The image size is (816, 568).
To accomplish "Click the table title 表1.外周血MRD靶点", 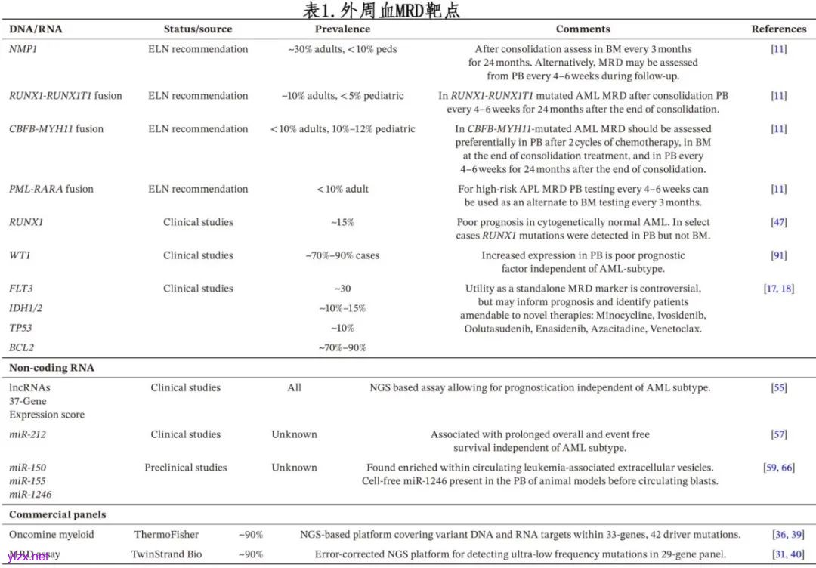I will (381, 10).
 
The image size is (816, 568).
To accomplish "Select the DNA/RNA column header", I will (36, 29).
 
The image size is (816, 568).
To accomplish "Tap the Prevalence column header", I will (342, 29).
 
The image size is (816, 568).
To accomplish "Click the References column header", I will (778, 29).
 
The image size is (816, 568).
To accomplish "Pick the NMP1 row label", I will (23, 49).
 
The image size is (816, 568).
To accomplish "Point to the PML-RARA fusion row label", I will (51, 189).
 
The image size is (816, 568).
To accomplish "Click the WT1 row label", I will (20, 255).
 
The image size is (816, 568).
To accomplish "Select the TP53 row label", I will (21, 328).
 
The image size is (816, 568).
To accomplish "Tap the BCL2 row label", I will (21, 347).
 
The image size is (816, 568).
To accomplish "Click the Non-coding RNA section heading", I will (51, 368).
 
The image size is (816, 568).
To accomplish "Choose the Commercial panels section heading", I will (57, 514).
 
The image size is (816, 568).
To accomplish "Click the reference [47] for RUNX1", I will (778, 222).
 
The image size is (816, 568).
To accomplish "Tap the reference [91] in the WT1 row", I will (778, 255).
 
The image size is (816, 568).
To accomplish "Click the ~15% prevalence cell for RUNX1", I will (342, 222).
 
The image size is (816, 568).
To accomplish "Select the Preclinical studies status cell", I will (185, 468).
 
